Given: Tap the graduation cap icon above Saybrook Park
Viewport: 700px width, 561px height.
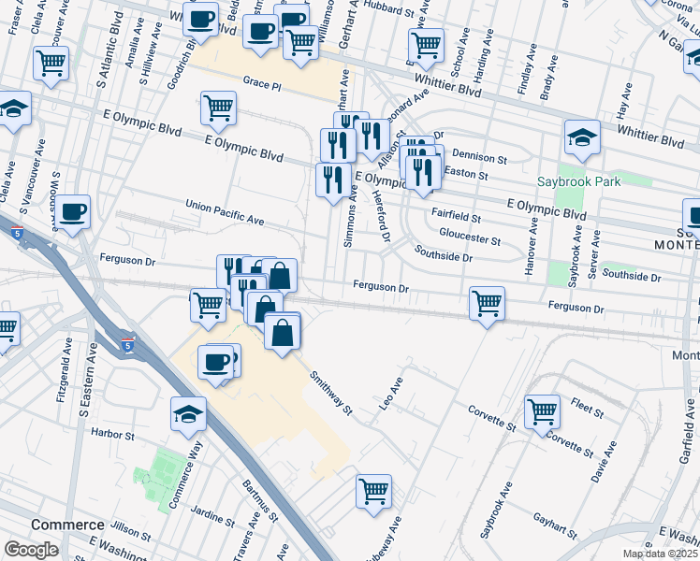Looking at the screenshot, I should point(582,138).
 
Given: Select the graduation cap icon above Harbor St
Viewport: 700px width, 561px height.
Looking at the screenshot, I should point(188,413).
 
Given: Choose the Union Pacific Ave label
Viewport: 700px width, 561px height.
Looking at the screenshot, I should point(226,211).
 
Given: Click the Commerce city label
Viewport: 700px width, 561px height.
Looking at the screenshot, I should point(66,525).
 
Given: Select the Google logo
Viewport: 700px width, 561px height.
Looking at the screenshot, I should point(32,550).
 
